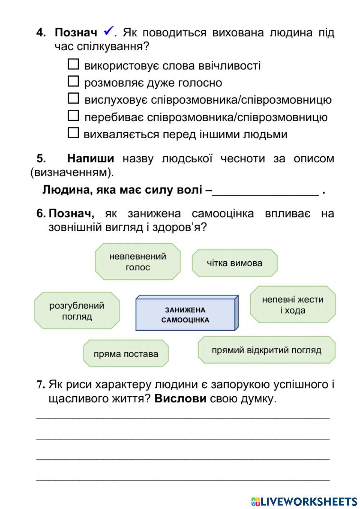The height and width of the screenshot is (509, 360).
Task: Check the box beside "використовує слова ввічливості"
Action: pyautogui.click(x=73, y=64)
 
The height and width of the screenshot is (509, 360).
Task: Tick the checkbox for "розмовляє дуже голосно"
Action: pyautogui.click(x=73, y=82)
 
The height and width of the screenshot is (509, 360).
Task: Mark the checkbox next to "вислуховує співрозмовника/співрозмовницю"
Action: pyautogui.click(x=73, y=98)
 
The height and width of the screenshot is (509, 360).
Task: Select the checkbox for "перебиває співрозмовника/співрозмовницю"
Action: pyautogui.click(x=73, y=116)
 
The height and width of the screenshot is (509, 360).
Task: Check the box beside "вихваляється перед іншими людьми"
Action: pyautogui.click(x=73, y=133)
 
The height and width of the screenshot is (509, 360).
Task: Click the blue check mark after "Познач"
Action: pyautogui.click(x=108, y=31)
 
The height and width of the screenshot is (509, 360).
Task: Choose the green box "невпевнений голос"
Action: pyautogui.click(x=138, y=262)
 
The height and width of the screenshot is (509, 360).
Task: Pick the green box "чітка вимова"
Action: pyautogui.click(x=234, y=263)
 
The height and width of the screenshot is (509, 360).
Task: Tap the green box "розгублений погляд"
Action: pyautogui.click(x=77, y=311)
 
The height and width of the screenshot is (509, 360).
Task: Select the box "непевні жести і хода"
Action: pyautogui.click(x=293, y=305)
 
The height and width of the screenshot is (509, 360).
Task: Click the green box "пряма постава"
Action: pyautogui.click(x=126, y=353)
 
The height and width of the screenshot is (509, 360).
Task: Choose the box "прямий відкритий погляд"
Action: pyautogui.click(x=266, y=350)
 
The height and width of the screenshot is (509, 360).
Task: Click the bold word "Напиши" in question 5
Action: pyautogui.click(x=91, y=158)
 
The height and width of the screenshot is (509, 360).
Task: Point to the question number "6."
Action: pyautogui.click(x=41, y=213)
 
